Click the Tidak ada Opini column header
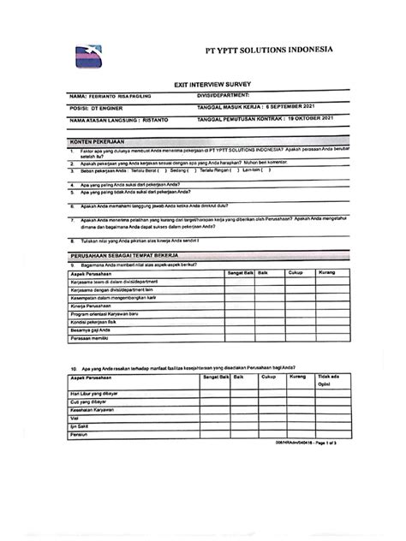click(x=330, y=380)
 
